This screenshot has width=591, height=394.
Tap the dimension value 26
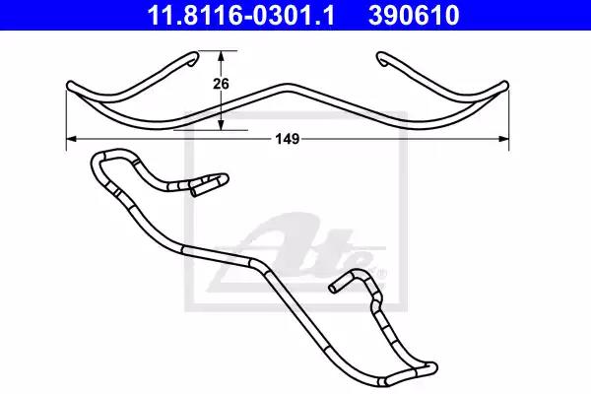pyautogui.click(x=222, y=85)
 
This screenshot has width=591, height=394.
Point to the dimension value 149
pyautogui.click(x=287, y=139)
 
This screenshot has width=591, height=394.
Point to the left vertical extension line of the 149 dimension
pyautogui.click(x=66, y=123)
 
